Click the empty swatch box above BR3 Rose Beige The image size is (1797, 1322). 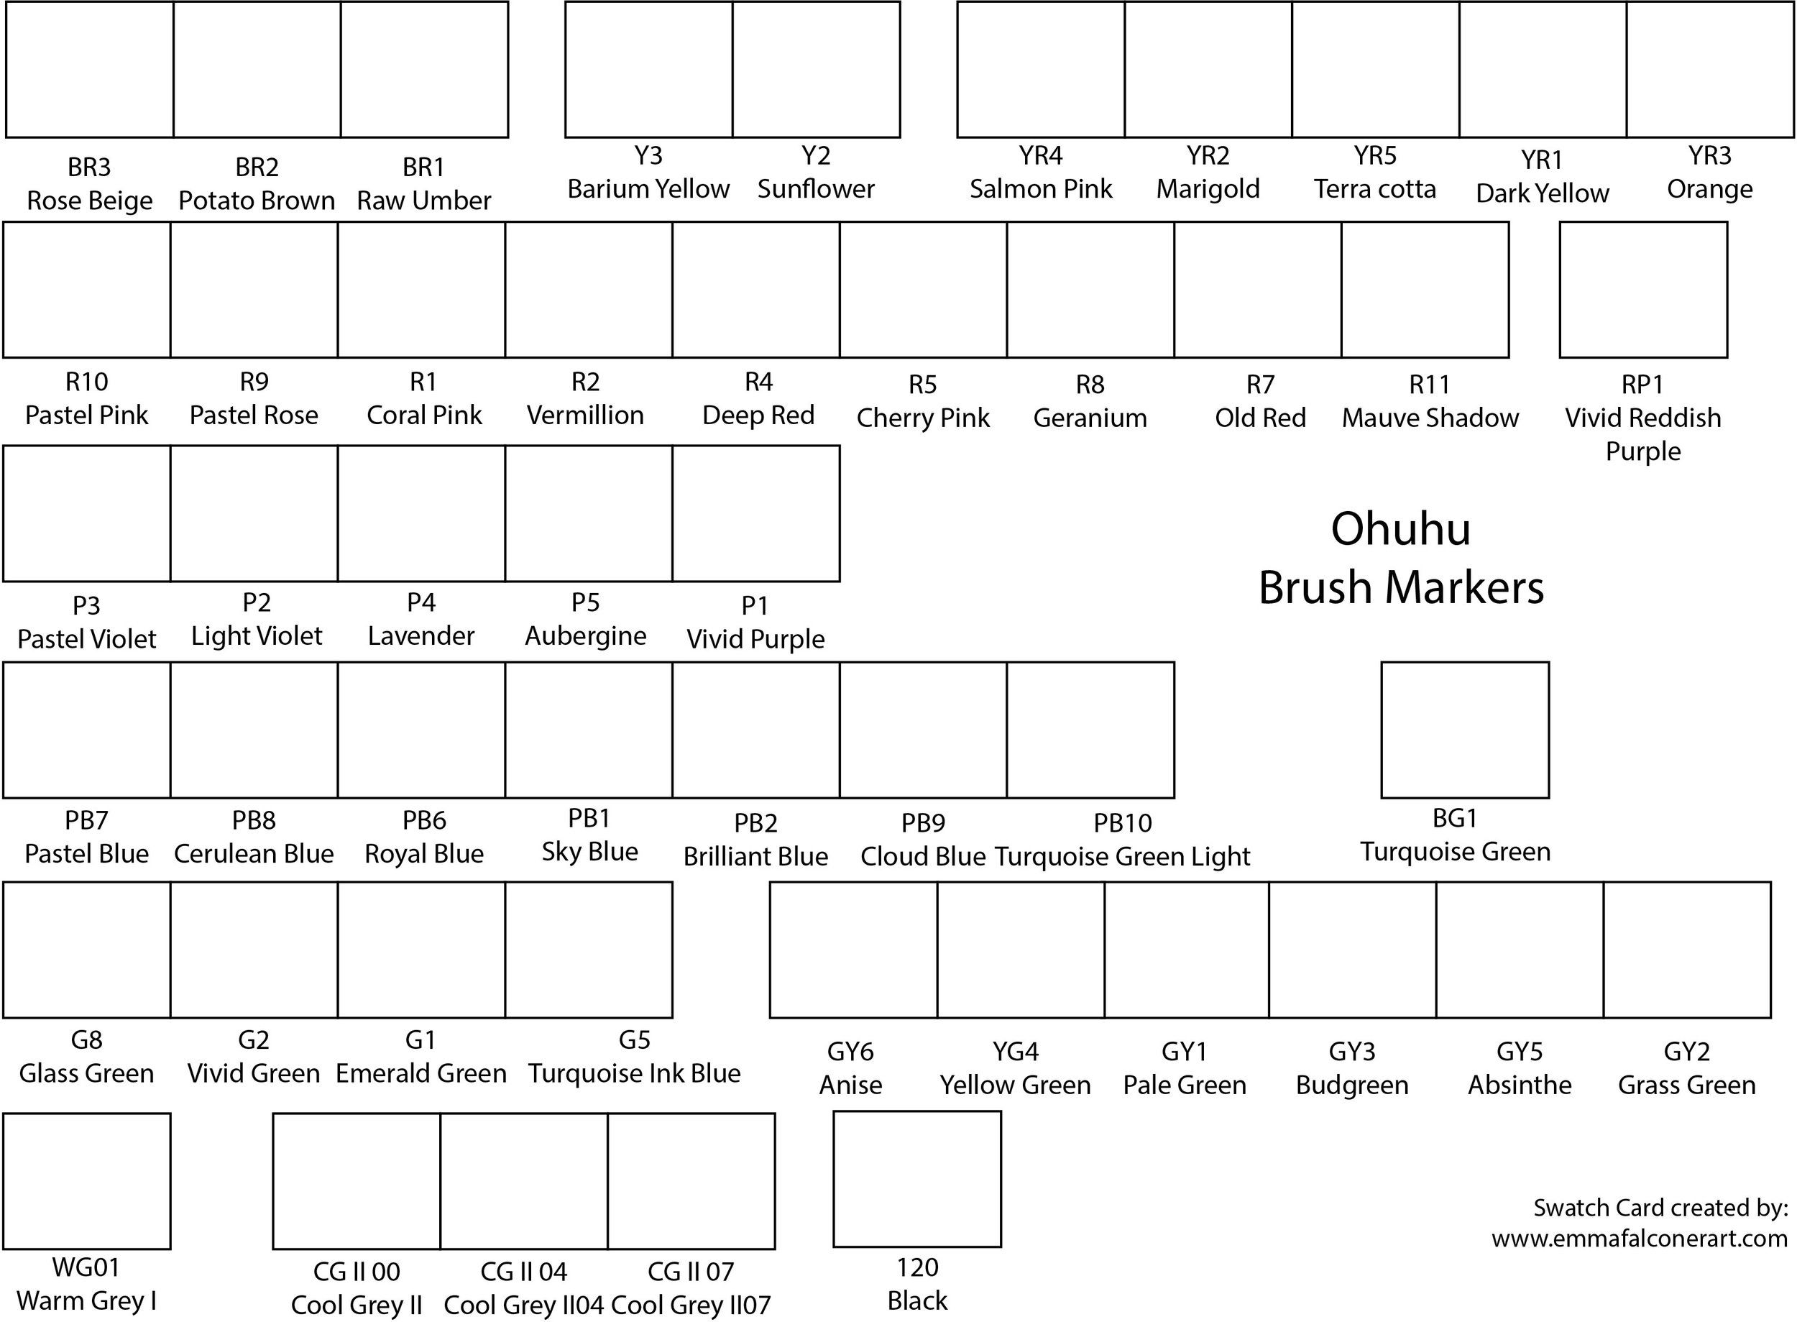(x=90, y=70)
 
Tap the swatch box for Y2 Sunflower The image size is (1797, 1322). (x=816, y=70)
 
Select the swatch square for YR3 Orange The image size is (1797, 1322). (x=1710, y=70)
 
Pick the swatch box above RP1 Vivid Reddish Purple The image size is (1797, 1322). (x=1642, y=290)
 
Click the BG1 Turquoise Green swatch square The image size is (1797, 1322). (x=1464, y=730)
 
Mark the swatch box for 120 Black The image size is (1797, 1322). (x=917, y=1179)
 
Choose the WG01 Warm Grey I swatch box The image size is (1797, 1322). (x=86, y=1181)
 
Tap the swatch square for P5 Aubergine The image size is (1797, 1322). (x=589, y=514)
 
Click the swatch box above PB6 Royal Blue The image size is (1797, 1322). (x=422, y=730)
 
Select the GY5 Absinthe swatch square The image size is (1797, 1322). (x=1520, y=950)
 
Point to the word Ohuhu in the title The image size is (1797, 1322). (x=1400, y=529)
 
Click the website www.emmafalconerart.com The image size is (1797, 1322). (x=1639, y=1239)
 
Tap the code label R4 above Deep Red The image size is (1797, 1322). (x=758, y=382)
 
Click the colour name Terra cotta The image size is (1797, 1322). (x=1374, y=189)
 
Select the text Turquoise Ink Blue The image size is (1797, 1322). (x=634, y=1073)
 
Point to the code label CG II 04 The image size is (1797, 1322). (x=523, y=1272)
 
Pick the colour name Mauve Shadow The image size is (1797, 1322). (x=1430, y=418)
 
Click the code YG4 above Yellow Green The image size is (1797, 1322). (x=1016, y=1052)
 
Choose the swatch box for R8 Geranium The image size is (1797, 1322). (x=1090, y=290)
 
